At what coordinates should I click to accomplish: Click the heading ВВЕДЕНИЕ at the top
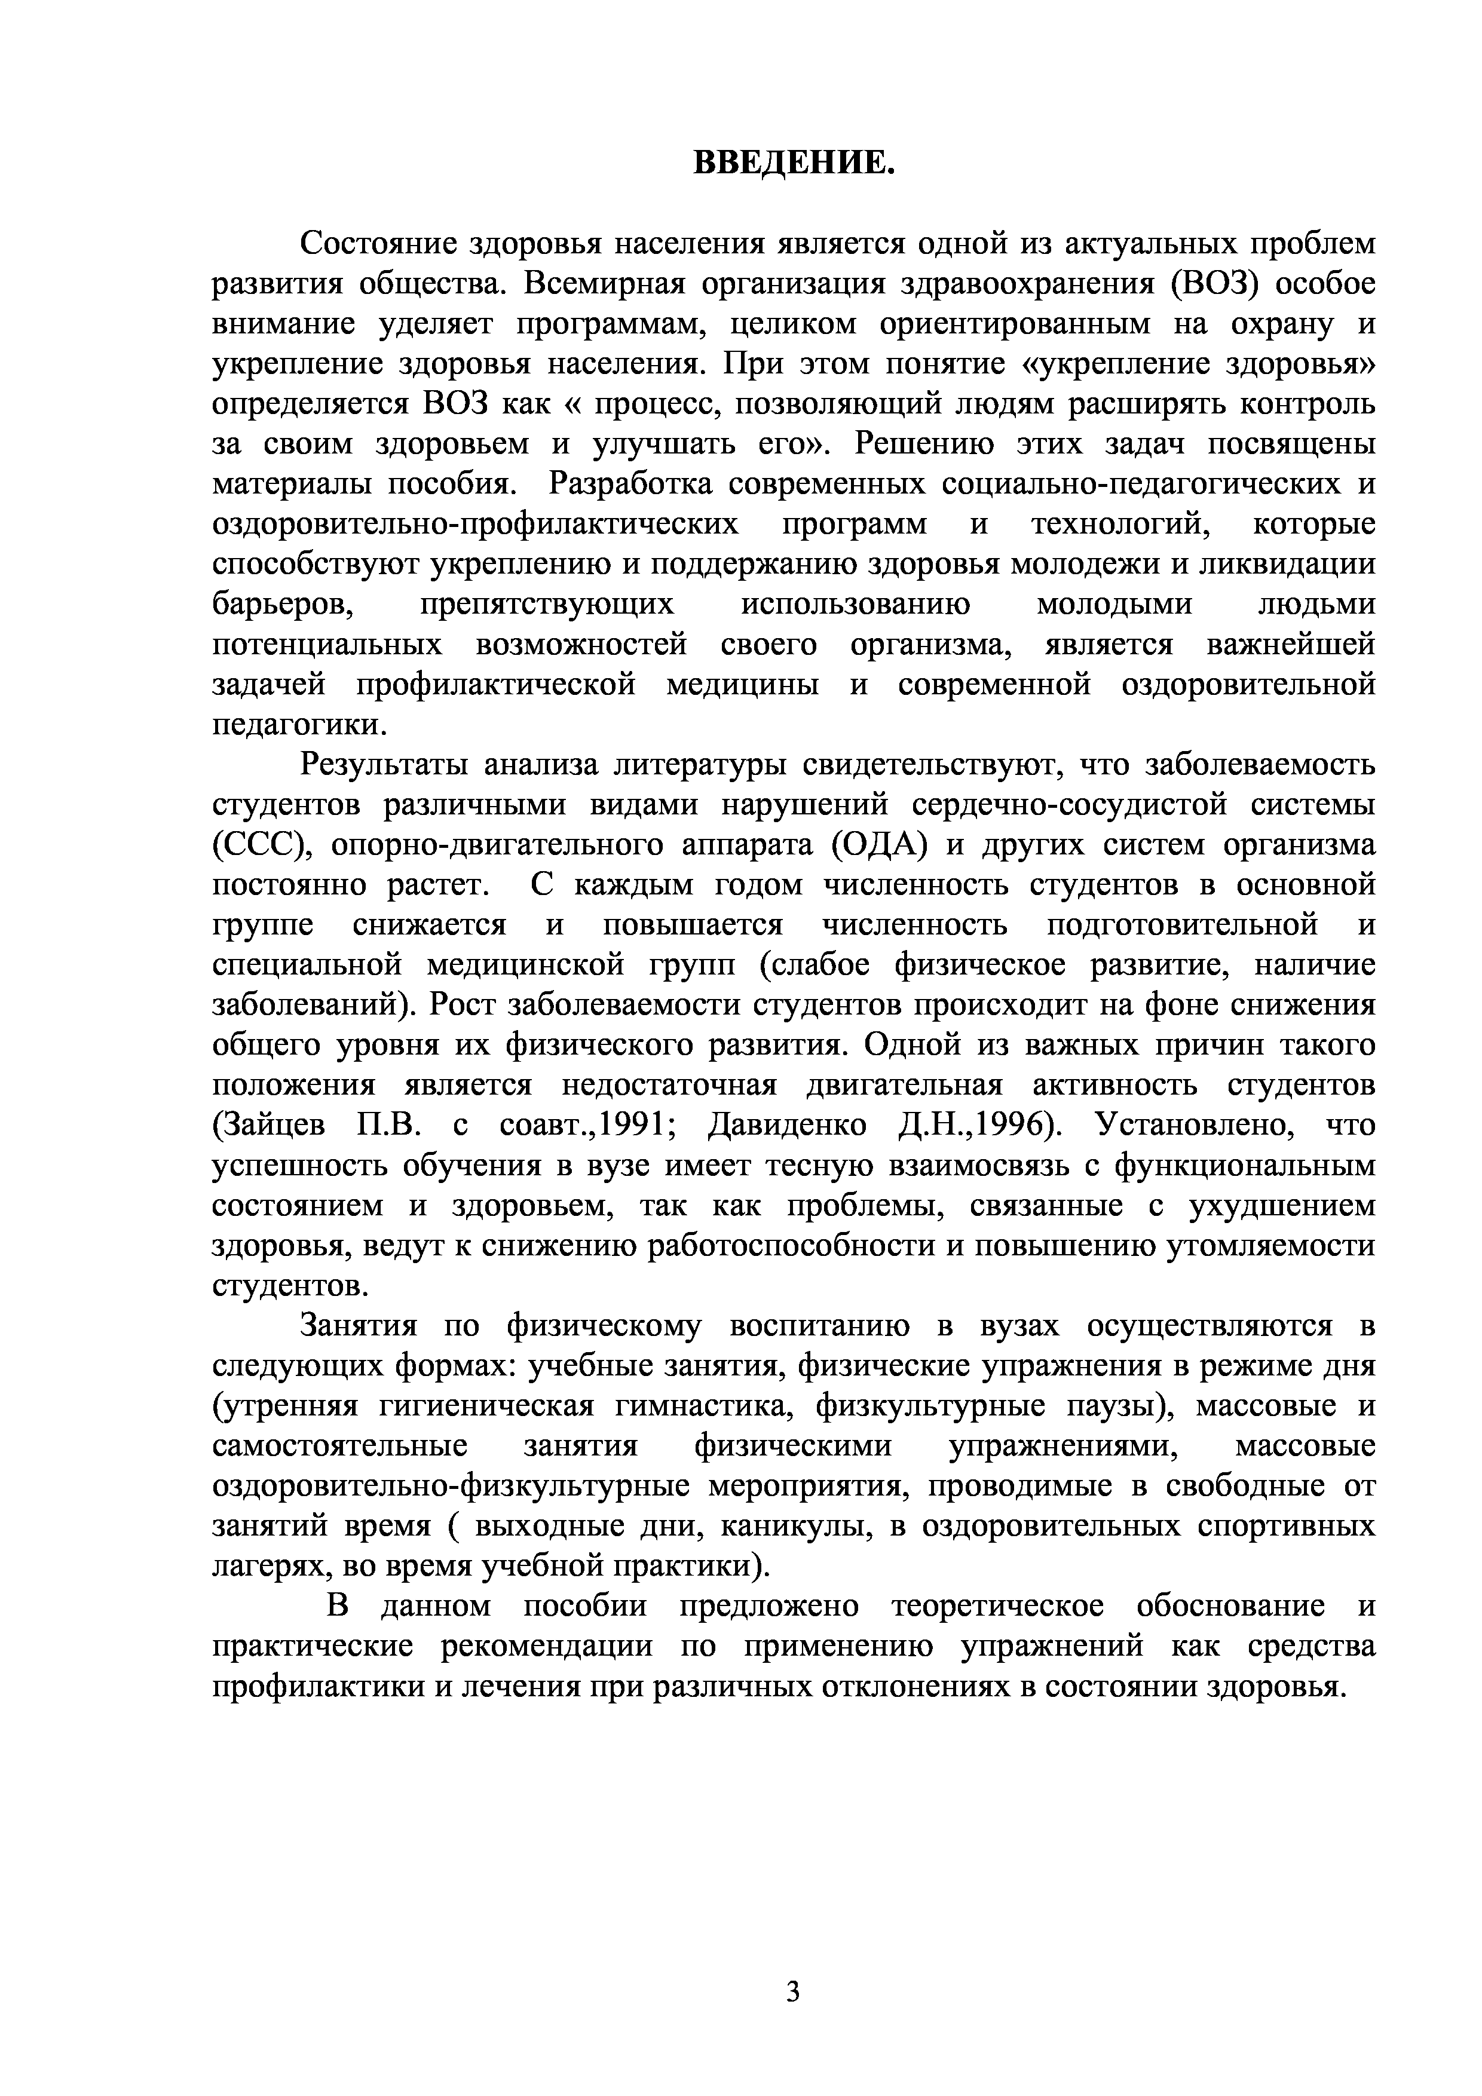point(792,163)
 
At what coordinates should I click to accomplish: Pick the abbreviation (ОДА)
point(879,846)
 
